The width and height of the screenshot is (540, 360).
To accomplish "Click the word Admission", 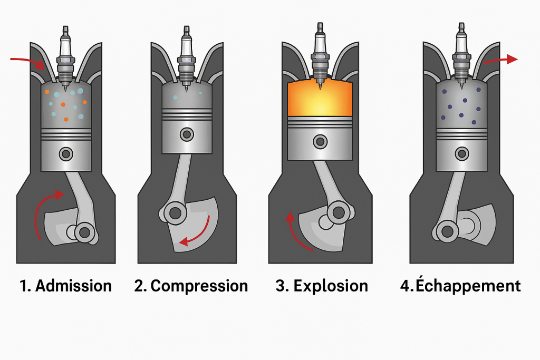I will [x=73, y=286].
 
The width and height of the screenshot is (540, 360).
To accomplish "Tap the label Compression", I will [x=199, y=286].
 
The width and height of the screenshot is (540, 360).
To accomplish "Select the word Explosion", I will [x=331, y=286].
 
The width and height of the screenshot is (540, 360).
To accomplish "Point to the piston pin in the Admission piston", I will [x=66, y=154].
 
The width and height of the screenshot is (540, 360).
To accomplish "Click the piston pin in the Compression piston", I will [x=186, y=134].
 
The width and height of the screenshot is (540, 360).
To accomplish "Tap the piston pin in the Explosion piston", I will [x=320, y=141].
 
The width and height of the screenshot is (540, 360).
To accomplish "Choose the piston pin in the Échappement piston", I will [x=462, y=153].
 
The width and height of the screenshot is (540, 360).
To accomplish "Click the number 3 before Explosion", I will [x=281, y=286].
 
